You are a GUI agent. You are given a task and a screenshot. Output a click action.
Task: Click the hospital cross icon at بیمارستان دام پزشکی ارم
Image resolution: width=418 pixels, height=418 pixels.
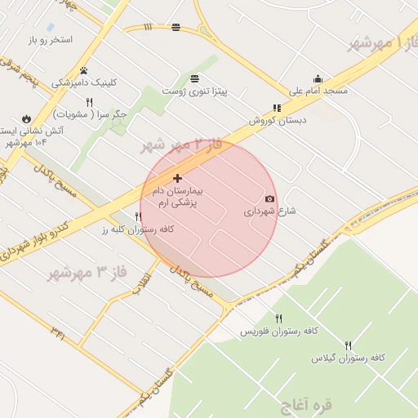point(177,178)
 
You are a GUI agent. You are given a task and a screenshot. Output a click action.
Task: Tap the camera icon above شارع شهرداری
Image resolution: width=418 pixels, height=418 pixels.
point(270,198)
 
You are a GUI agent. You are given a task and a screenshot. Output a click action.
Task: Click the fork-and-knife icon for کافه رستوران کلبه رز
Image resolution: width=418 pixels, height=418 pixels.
point(138,217)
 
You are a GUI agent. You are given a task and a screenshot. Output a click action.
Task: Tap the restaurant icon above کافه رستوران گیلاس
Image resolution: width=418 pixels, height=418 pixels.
point(349,345)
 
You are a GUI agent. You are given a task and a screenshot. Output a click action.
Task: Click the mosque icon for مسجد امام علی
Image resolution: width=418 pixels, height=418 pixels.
point(318,78)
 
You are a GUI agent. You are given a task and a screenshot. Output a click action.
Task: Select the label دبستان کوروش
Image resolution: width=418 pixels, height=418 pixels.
point(278,120)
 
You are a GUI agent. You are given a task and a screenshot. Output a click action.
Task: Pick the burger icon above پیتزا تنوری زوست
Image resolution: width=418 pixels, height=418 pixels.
point(194,79)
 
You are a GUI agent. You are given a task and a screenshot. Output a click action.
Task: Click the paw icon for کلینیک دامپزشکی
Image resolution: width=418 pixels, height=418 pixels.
point(83,70)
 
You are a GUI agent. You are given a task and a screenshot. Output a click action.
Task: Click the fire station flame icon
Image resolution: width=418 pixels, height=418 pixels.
point(27,118)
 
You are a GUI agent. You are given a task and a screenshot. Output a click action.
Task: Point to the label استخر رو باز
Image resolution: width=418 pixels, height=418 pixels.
point(50,40)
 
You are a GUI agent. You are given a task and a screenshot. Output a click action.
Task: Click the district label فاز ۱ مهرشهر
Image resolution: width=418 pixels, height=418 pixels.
point(382,41)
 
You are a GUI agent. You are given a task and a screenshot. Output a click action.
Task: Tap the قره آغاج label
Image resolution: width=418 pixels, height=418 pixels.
point(305,403)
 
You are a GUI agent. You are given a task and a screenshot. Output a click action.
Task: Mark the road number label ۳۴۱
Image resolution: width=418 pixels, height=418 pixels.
point(58,331)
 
